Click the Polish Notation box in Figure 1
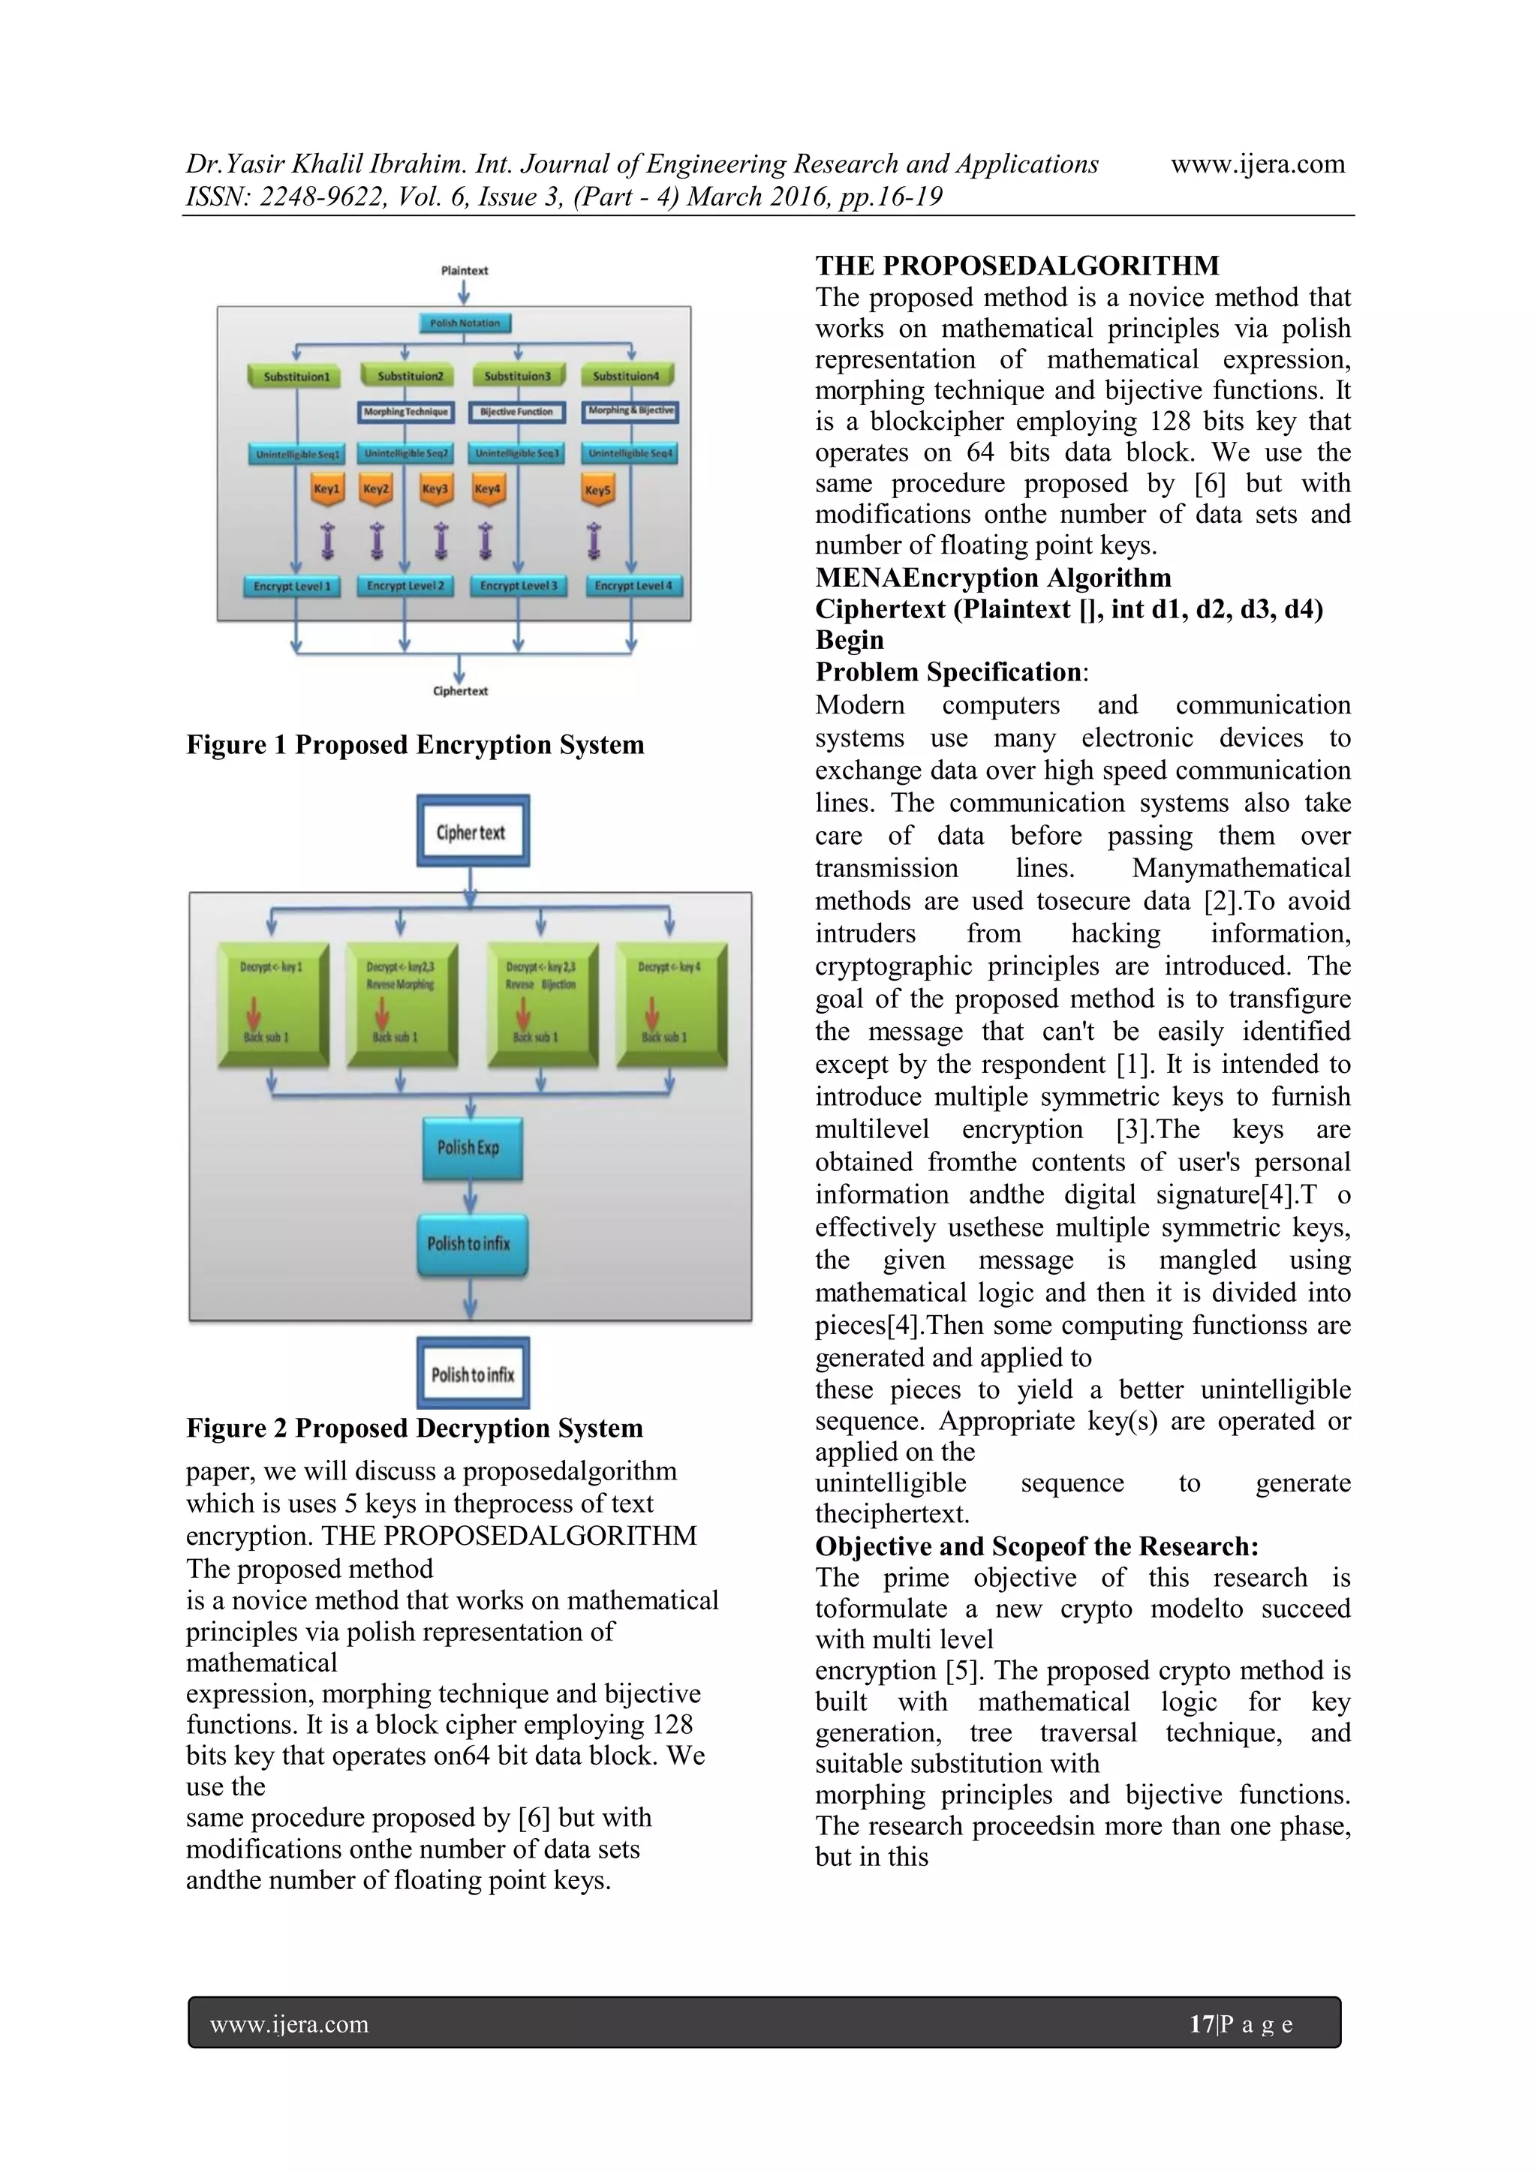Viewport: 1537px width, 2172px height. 465,323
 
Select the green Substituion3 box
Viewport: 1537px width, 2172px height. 518,377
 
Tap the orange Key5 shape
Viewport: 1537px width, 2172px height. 597,491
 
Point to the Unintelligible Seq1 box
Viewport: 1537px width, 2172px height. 297,455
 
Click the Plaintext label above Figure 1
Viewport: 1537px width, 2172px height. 464,271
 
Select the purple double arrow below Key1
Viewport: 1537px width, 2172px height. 327,540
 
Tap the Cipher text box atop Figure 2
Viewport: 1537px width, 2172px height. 472,831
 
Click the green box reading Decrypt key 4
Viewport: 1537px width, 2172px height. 671,1004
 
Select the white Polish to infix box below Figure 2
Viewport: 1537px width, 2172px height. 472,1374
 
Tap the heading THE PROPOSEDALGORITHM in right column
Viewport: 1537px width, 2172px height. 1018,266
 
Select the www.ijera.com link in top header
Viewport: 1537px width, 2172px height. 1257,164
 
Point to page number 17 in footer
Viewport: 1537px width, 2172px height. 1200,2024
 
